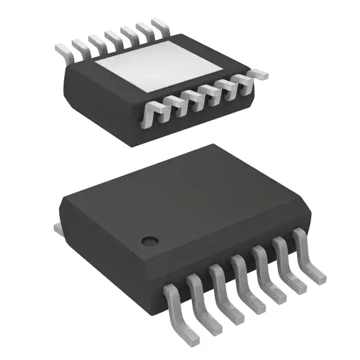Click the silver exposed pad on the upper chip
[x=159, y=70]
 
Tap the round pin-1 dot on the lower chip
[x=149, y=241]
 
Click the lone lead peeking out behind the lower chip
[x=57, y=228]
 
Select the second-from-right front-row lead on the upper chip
[x=229, y=90]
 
